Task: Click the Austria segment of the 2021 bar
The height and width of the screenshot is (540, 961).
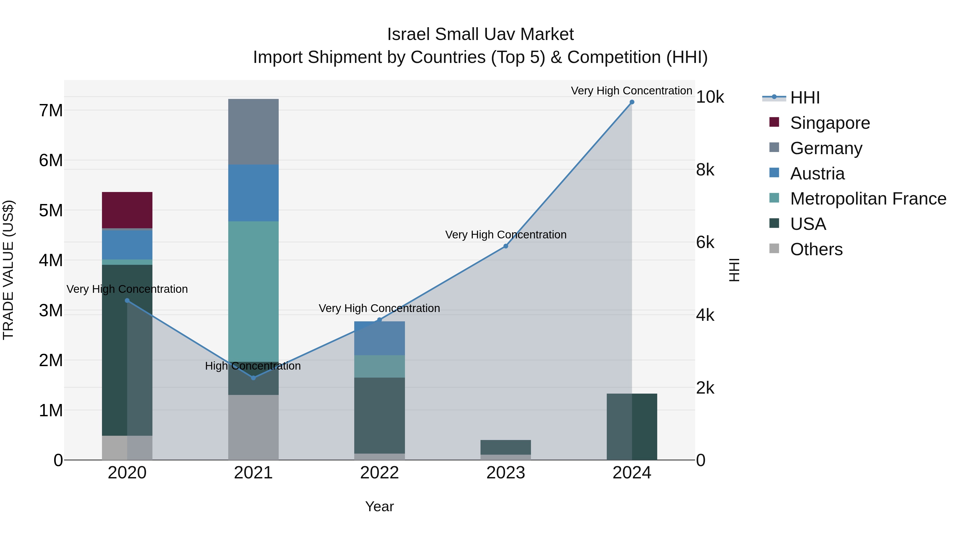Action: point(253,193)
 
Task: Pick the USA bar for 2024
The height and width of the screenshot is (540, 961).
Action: point(632,427)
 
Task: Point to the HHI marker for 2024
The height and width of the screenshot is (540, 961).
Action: point(632,102)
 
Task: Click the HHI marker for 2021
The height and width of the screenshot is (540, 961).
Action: point(253,378)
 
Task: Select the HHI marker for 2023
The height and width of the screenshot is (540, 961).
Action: point(506,246)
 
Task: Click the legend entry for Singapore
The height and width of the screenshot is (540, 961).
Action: point(829,123)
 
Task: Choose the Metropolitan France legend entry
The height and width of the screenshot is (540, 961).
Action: point(868,199)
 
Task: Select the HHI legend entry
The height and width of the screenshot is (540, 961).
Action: point(805,98)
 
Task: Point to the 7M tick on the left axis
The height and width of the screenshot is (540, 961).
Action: point(51,111)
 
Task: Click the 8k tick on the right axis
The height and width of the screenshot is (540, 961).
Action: point(705,170)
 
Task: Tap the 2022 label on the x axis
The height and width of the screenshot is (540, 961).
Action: point(379,473)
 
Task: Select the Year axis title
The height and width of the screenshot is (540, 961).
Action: point(379,506)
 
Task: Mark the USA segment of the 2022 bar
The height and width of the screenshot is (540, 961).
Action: point(379,415)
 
